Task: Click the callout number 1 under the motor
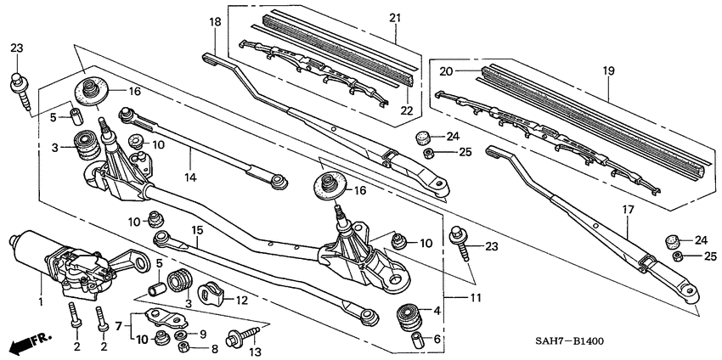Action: (x=40, y=301)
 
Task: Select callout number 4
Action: (x=437, y=312)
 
